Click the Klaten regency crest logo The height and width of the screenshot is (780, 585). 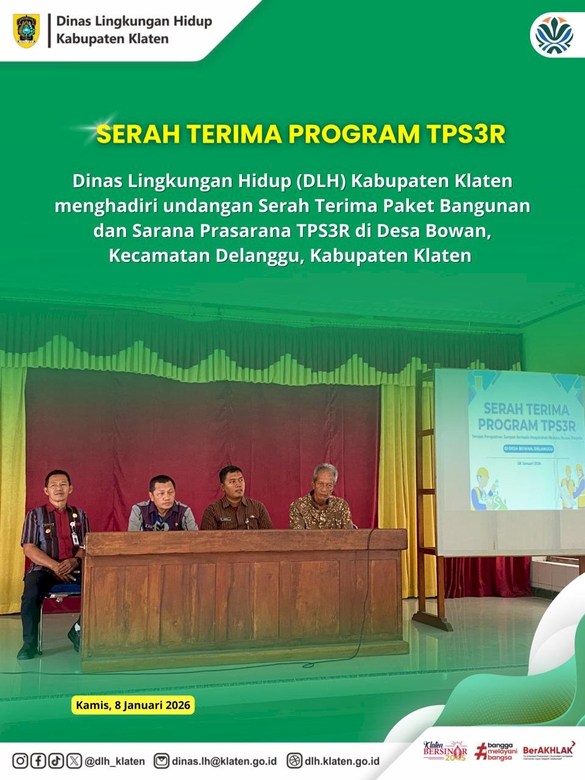point(26,30)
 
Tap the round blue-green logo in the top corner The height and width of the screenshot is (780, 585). point(553,34)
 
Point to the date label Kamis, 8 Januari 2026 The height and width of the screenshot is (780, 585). point(133,705)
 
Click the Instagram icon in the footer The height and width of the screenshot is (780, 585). point(20,760)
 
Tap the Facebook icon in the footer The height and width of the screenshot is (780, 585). point(38,760)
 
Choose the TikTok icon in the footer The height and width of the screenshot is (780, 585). point(56,760)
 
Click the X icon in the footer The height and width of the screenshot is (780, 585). point(74,760)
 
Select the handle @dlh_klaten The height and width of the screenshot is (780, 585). point(115,761)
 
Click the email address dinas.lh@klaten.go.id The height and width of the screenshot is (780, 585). point(224,761)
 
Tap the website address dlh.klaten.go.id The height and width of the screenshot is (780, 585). point(342,761)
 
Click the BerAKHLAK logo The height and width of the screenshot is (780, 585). point(548,750)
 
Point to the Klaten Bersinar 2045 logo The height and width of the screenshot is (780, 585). point(445,751)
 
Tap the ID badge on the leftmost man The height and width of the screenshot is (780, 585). point(75,537)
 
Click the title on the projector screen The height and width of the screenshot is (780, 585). point(526,417)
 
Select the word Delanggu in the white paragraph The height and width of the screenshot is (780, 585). point(258,255)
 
